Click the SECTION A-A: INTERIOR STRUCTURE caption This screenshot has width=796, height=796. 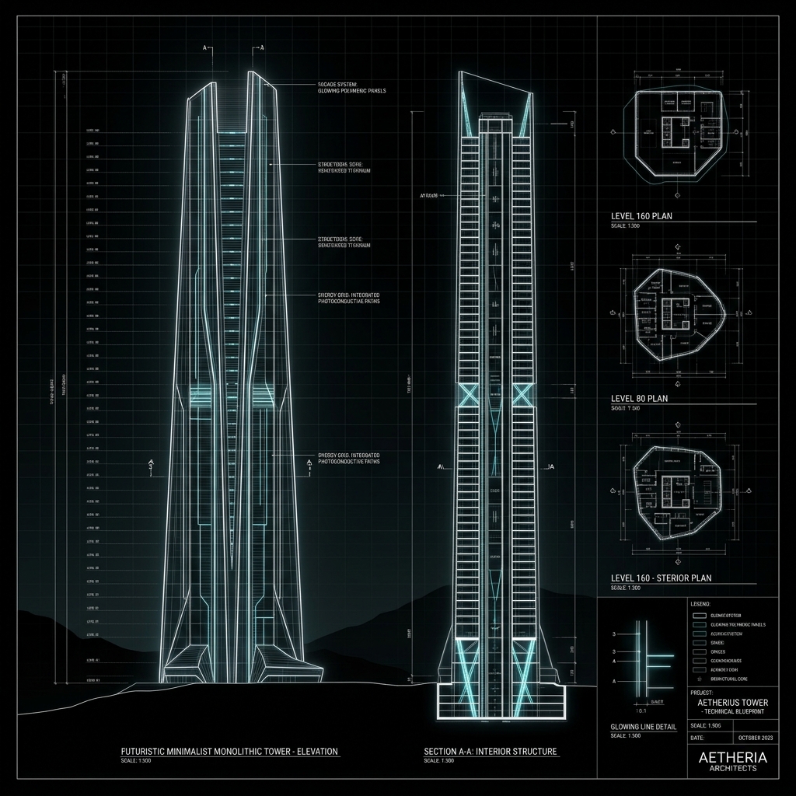click(491, 752)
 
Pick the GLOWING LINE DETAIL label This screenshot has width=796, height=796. click(644, 727)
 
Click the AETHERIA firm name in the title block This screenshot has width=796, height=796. click(732, 757)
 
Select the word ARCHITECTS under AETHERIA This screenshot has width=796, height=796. click(732, 769)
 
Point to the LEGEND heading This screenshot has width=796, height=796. click(700, 603)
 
